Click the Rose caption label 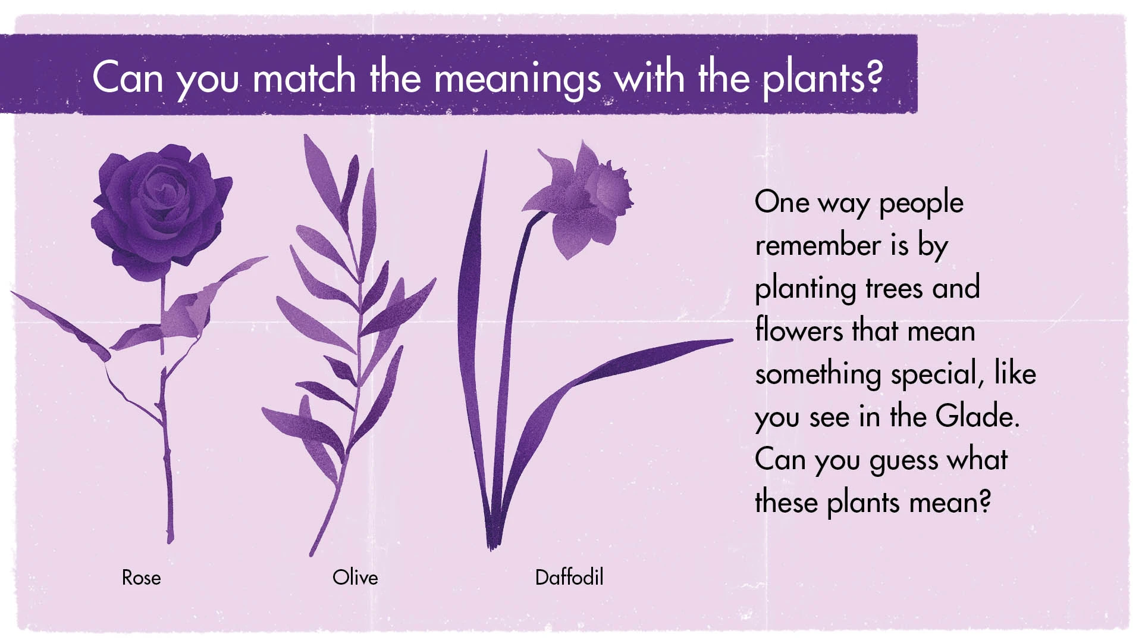pos(141,578)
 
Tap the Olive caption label pos(355,577)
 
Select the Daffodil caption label pos(569,577)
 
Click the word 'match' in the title pos(304,77)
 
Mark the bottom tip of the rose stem pos(170,542)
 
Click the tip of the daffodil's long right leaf pos(732,341)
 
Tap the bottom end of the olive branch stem pos(311,555)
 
